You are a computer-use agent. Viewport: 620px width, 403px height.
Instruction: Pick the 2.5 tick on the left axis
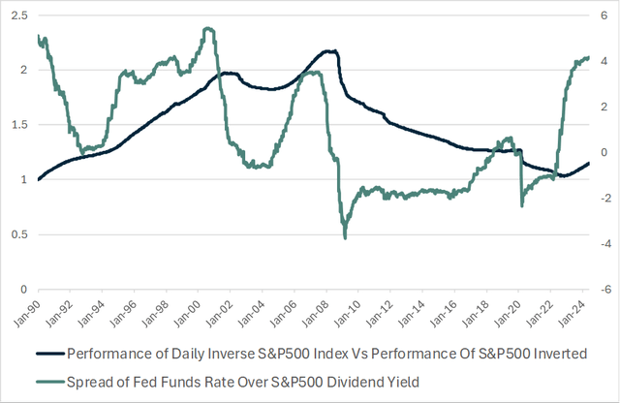tap(16, 15)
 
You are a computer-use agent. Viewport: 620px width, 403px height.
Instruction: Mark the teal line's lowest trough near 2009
tap(345, 237)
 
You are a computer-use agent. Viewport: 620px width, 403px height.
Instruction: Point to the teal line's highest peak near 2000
tap(207, 28)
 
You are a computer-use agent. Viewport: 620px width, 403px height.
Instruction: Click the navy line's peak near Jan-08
tap(330, 50)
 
